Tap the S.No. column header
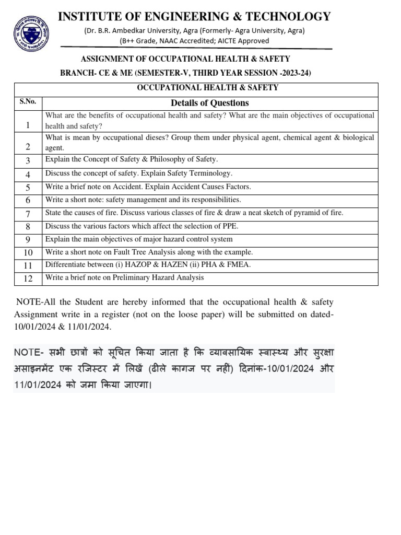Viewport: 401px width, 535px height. pos(28,102)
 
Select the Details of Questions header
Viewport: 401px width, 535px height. pos(209,103)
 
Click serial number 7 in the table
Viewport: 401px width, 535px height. pos(28,214)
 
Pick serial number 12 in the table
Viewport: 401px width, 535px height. pos(28,279)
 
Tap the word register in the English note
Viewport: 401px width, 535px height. pos(115,315)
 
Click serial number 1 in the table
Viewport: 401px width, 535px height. pos(28,125)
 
